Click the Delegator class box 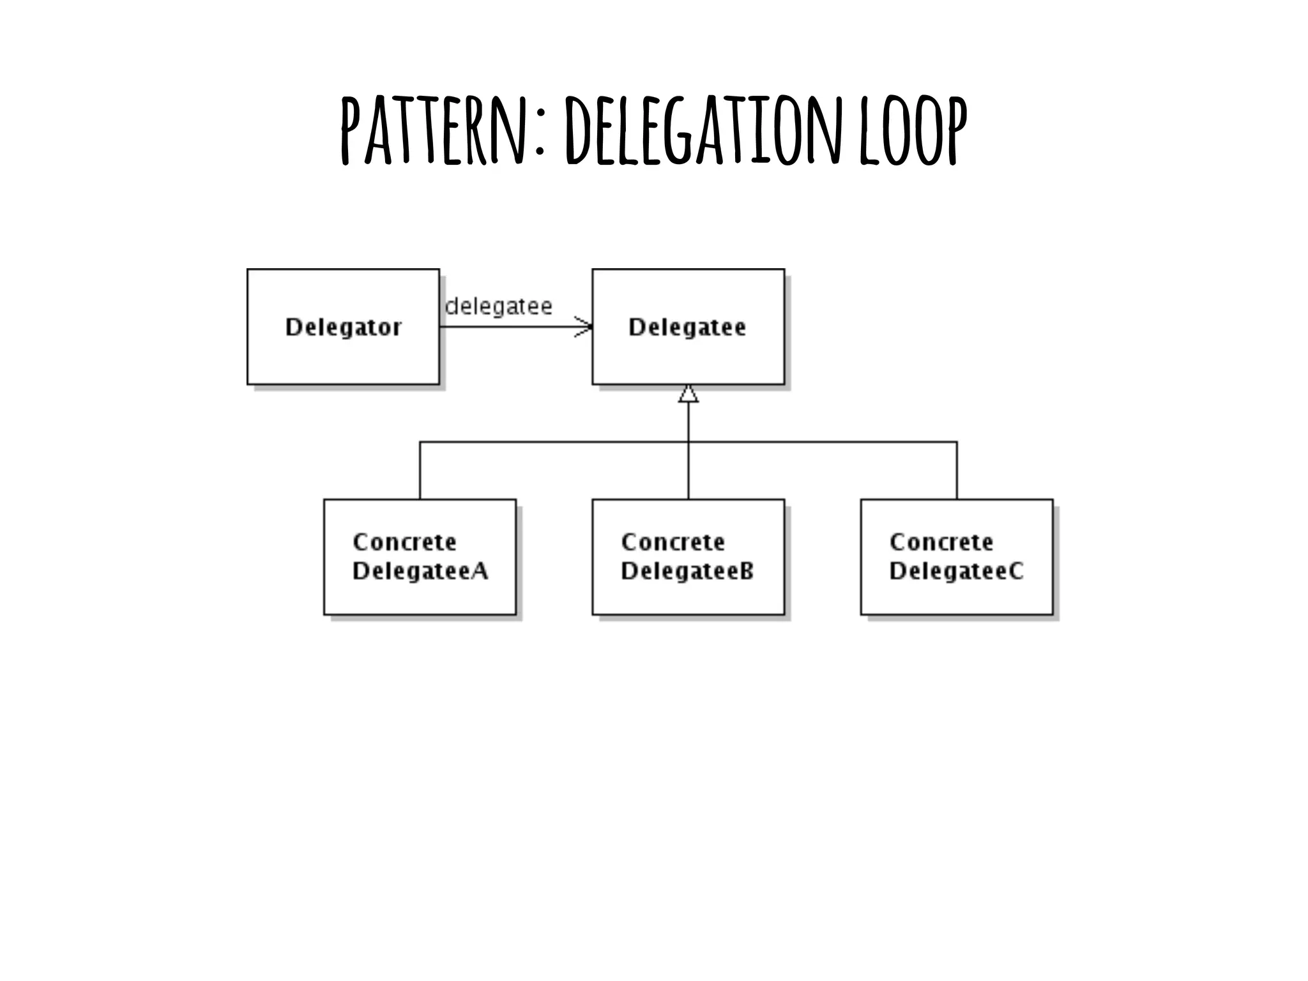(343, 358)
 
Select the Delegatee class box (688, 358)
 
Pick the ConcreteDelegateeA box (420, 594)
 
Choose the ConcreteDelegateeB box (688, 594)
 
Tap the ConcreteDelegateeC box (956, 594)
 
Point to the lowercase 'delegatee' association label (498, 307)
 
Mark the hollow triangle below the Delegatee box (688, 394)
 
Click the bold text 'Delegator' (343, 327)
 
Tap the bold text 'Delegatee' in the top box (687, 327)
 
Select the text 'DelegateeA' (420, 570)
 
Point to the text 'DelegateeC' (956, 570)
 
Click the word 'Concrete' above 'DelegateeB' (673, 542)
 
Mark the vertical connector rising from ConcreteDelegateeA (420, 471)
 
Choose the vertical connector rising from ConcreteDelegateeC (956, 471)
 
